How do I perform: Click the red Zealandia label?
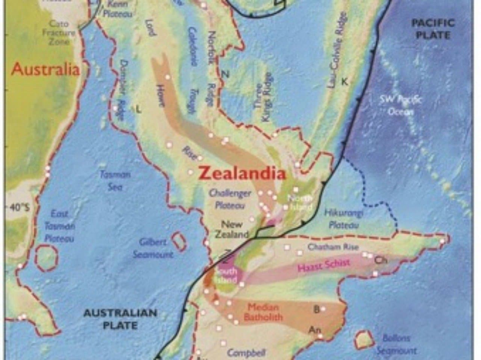pyautogui.click(x=242, y=173)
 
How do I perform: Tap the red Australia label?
pyautogui.click(x=46, y=69)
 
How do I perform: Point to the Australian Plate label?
pyautogui.click(x=120, y=319)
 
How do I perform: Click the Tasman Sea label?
pyautogui.click(x=115, y=180)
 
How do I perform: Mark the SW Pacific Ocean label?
pyautogui.click(x=401, y=105)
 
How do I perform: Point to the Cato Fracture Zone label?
pyautogui.click(x=59, y=32)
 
